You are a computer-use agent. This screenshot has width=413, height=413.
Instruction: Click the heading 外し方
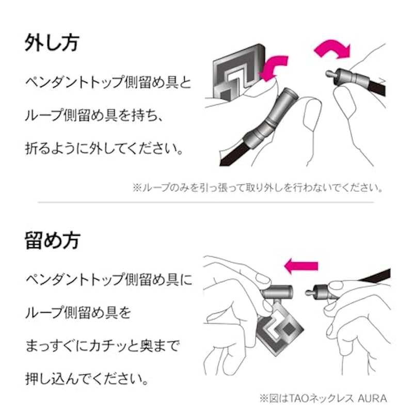[x=52, y=43]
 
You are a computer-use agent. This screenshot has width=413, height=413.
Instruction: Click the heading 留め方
[x=52, y=241]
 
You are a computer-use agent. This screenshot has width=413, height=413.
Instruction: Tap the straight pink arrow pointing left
[x=301, y=266]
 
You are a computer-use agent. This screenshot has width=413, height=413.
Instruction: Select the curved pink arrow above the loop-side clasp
[x=332, y=49]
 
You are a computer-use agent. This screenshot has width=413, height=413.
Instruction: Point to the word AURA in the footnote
[x=372, y=398]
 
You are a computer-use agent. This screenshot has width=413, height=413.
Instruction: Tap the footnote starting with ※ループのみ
[x=258, y=188]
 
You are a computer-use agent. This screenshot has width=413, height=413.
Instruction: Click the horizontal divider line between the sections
[x=205, y=202]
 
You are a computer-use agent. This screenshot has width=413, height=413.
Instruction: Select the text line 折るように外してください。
[x=104, y=149]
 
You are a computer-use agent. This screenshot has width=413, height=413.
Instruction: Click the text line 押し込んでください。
[x=87, y=379]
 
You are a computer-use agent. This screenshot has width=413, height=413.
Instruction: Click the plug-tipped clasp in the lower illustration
[x=320, y=292]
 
